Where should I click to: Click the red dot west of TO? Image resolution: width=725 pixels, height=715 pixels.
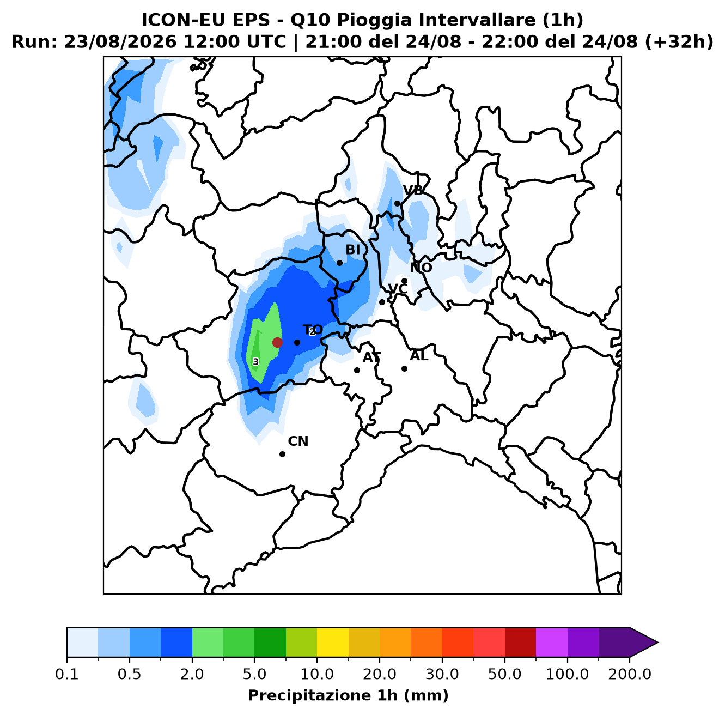[x=277, y=342]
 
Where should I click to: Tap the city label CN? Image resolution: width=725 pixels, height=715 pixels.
[x=298, y=441]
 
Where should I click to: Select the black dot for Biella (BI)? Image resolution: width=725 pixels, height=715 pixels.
[x=339, y=263]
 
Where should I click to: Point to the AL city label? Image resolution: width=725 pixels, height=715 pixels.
[x=419, y=356]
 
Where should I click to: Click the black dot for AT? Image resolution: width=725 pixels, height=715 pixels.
[x=357, y=371]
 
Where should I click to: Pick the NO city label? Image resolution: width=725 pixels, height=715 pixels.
[x=421, y=268]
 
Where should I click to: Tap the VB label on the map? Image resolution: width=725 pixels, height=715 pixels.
[x=413, y=191]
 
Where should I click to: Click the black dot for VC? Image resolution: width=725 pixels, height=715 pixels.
[x=382, y=302]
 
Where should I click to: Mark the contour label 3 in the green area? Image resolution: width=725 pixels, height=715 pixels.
[x=256, y=362]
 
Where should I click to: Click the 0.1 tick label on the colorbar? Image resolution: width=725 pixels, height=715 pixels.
[x=67, y=674]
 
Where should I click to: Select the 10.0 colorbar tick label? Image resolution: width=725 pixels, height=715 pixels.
[x=317, y=674]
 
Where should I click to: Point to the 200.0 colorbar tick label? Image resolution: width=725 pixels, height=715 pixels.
[x=630, y=674]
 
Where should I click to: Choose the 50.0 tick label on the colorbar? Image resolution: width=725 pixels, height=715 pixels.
[x=504, y=674]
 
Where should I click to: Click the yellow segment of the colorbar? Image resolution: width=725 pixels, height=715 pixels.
[x=333, y=643]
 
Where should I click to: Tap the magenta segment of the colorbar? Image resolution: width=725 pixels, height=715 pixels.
[x=551, y=643]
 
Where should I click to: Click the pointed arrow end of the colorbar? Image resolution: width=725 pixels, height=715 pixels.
[x=658, y=643]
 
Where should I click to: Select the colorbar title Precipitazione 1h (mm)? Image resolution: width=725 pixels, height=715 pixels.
[x=348, y=695]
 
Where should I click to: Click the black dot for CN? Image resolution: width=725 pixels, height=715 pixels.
[x=282, y=454]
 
